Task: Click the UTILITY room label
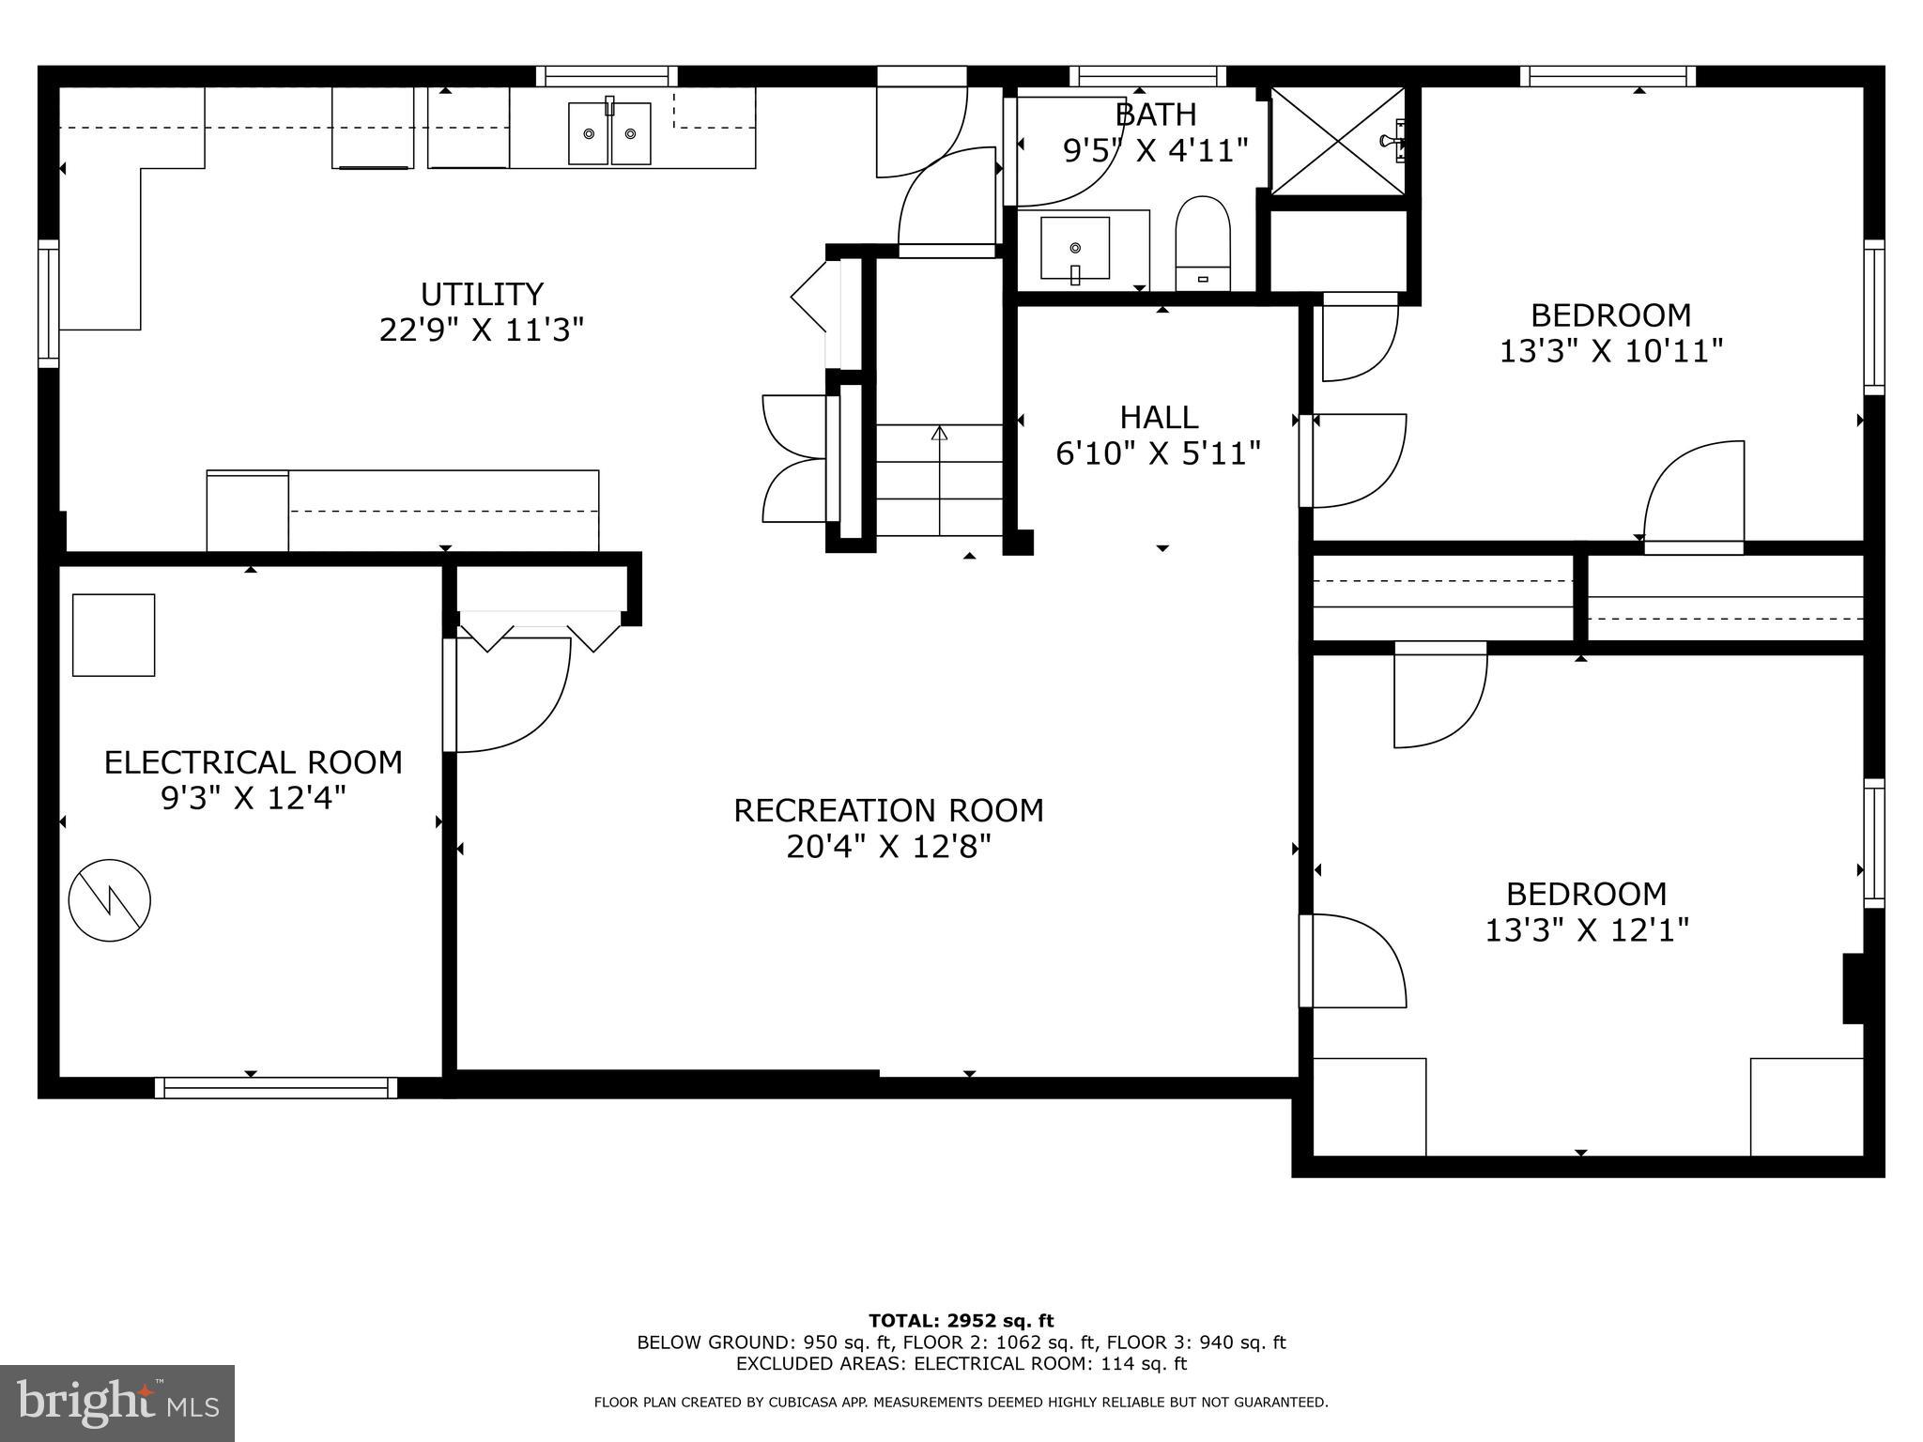point(482,295)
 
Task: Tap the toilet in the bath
point(1203,242)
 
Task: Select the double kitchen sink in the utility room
point(609,134)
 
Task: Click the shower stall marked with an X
point(1337,141)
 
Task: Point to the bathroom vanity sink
point(1075,249)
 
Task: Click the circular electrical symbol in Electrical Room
point(110,899)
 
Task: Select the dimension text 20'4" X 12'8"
point(888,848)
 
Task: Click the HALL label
point(1159,417)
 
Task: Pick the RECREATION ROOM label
point(888,810)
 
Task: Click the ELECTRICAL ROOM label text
point(253,762)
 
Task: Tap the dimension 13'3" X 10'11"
point(1610,351)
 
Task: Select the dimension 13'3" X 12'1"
point(1587,930)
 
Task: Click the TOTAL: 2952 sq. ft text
point(961,1321)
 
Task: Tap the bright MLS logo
point(117,1403)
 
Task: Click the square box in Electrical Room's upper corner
point(114,635)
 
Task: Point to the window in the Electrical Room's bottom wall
point(276,1087)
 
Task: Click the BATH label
point(1156,115)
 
